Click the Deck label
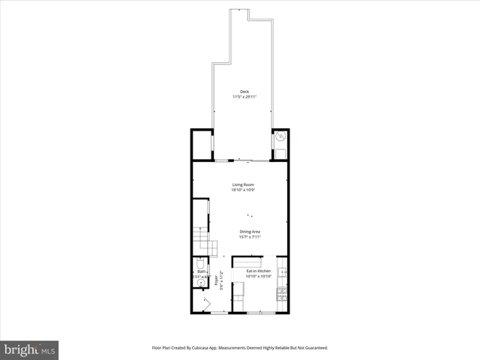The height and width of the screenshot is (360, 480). tap(244, 91)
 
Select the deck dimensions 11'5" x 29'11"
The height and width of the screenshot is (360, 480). tap(244, 97)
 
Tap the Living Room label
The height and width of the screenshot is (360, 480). tap(242, 184)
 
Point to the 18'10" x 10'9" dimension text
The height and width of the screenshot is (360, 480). tap(242, 190)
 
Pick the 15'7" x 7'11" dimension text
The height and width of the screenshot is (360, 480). tap(250, 238)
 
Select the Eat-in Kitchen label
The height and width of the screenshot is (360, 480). tap(258, 271)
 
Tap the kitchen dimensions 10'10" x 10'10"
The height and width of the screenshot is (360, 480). tap(258, 277)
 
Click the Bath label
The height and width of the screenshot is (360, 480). tap(201, 271)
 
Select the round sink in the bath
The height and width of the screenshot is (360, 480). tap(199, 283)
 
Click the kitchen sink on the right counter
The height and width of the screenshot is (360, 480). tap(283, 271)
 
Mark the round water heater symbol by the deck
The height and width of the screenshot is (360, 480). tap(279, 137)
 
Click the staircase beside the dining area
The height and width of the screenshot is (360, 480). tap(203, 241)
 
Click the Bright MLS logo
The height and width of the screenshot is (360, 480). tap(30, 349)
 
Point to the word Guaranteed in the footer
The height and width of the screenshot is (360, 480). tap(318, 348)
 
